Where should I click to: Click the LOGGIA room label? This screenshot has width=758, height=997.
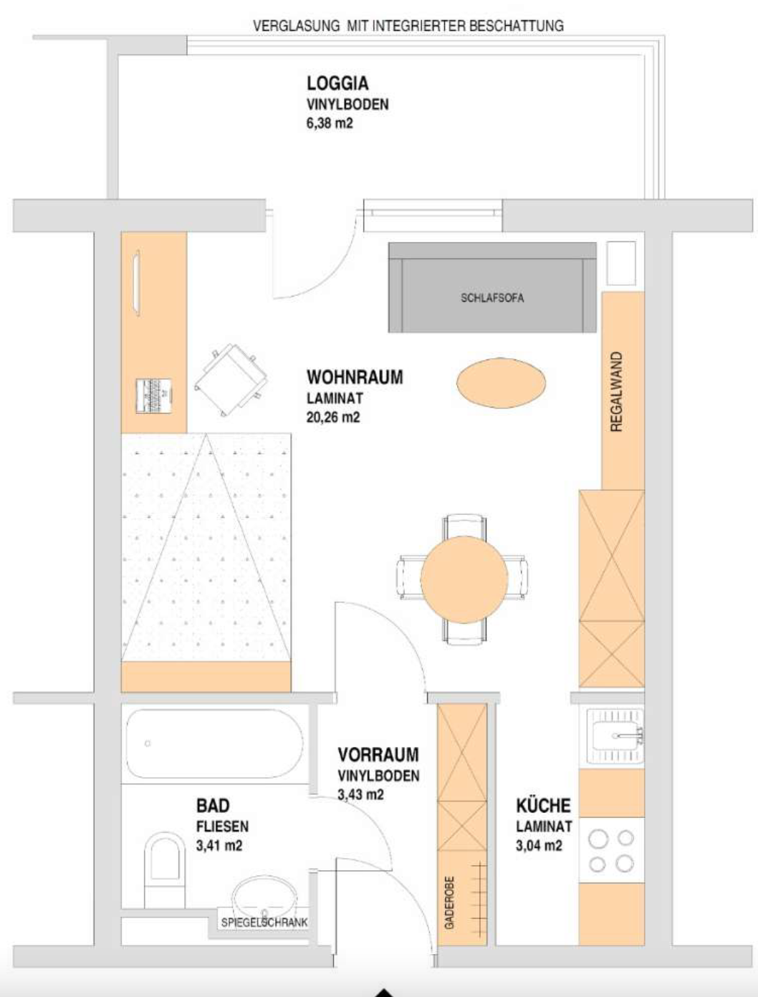[337, 83]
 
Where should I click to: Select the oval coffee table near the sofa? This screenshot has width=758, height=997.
[501, 382]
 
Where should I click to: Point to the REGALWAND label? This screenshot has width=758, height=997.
[616, 392]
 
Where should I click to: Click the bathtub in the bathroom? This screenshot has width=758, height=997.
[214, 744]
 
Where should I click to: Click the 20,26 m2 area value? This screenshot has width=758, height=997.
[333, 417]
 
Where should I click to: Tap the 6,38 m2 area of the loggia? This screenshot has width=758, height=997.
[330, 123]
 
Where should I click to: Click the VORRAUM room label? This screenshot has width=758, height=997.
[378, 755]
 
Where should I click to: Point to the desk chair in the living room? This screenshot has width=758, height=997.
[231, 380]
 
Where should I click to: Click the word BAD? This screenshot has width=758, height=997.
[213, 806]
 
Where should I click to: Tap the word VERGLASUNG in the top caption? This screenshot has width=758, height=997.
[296, 26]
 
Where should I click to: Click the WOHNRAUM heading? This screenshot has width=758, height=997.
[355, 377]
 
